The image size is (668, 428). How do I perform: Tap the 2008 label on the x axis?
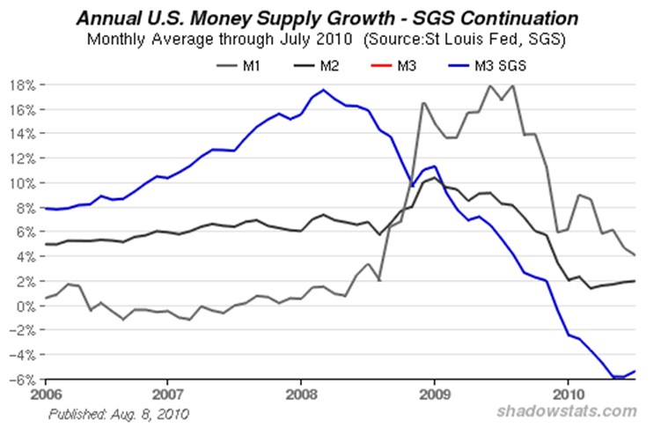[x=301, y=388]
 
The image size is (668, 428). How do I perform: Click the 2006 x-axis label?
[x=35, y=388]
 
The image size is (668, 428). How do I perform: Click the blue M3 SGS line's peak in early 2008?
[x=324, y=90]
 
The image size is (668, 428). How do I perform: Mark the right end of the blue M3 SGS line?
[x=635, y=371]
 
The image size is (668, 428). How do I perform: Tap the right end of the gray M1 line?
[x=635, y=255]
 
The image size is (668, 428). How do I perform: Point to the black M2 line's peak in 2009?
[x=435, y=179]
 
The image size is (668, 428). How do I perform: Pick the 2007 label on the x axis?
[x=168, y=388]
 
